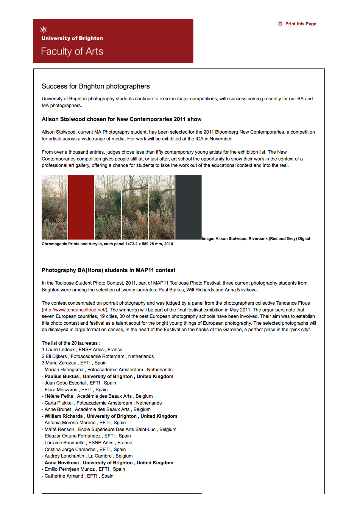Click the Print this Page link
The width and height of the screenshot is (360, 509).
pyautogui.click(x=301, y=24)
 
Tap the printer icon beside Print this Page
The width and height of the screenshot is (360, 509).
pyautogui.click(x=280, y=24)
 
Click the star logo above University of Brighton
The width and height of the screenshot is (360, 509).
pyautogui.click(x=44, y=30)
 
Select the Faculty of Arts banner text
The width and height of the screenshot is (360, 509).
pyautogui.click(x=72, y=51)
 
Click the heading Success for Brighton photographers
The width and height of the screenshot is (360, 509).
pyautogui.click(x=96, y=86)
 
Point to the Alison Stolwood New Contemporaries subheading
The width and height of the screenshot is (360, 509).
pyautogui.click(x=122, y=119)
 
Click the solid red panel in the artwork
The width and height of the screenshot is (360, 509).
pyautogui.click(x=81, y=207)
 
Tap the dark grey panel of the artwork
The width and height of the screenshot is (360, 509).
pyautogui.click(x=189, y=207)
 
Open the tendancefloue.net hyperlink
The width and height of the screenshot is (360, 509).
pyautogui.click(x=74, y=310)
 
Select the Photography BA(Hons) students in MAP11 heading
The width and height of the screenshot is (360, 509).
pyautogui.click(x=109, y=270)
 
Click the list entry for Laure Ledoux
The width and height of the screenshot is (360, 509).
pyautogui.click(x=82, y=350)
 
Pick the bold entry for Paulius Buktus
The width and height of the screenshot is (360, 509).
pyautogui.click(x=109, y=377)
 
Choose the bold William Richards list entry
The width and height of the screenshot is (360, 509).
pyautogui.click(x=111, y=416)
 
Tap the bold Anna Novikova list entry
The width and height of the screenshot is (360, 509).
pyautogui.click(x=109, y=463)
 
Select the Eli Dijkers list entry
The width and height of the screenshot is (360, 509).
pyautogui.click(x=98, y=356)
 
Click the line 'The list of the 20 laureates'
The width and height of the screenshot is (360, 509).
pyautogui.click(x=71, y=343)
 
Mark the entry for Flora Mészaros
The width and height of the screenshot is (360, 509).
pyautogui.click(x=76, y=390)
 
